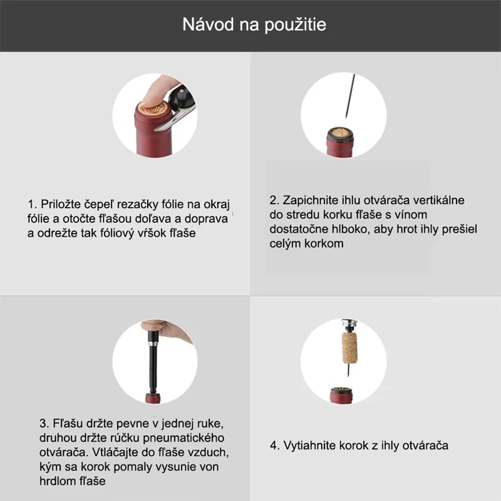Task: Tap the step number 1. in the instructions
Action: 33,204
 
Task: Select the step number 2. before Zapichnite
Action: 275,200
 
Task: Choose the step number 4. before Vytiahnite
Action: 275,446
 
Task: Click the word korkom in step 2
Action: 323,244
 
